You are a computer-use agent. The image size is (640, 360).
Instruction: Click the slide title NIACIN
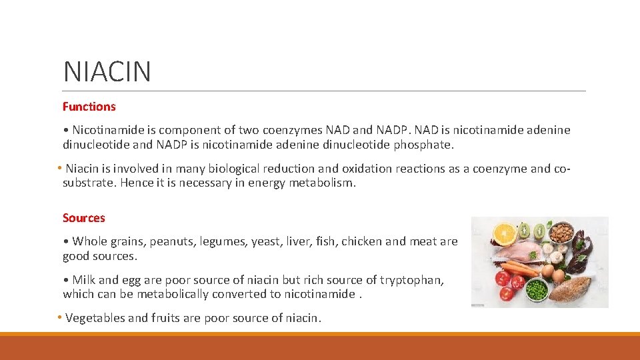point(107,71)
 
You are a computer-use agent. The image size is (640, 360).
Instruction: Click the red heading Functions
point(89,107)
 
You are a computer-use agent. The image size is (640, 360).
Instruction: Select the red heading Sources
point(83,218)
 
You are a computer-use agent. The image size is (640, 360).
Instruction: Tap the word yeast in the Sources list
point(264,241)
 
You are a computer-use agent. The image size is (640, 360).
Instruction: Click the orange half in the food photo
point(505,233)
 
